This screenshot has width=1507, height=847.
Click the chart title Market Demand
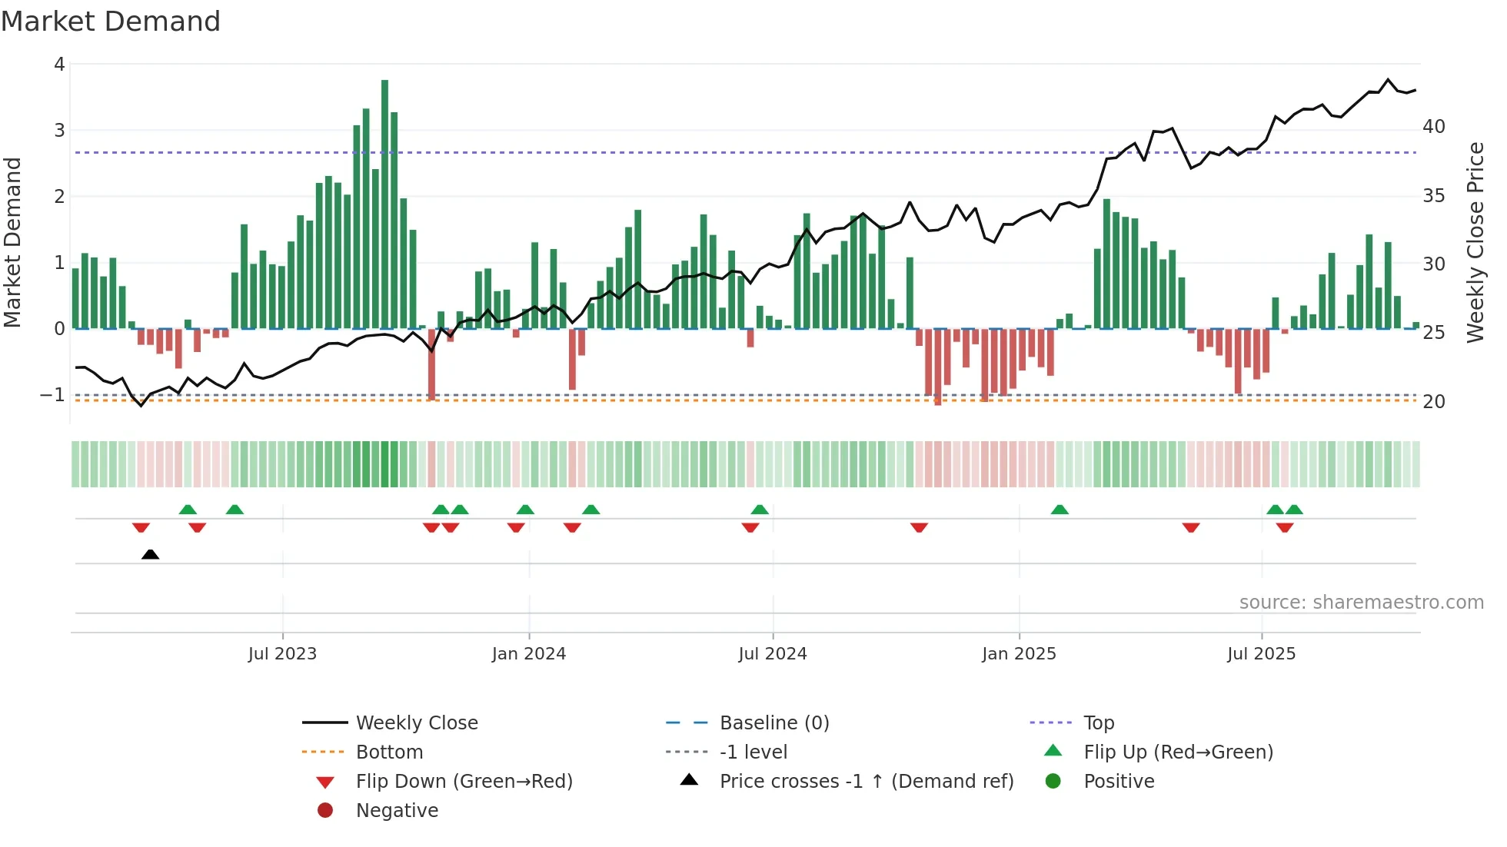pyautogui.click(x=111, y=22)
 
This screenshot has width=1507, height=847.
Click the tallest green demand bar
pyautogui.click(x=384, y=204)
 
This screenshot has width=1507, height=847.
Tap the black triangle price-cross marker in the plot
pyautogui.click(x=151, y=554)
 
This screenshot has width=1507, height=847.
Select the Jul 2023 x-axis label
pyautogui.click(x=282, y=654)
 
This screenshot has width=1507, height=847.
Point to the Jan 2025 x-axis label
pyautogui.click(x=1019, y=654)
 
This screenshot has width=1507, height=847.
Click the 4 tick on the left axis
pyautogui.click(x=59, y=65)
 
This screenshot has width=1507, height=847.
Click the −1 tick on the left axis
pyautogui.click(x=53, y=395)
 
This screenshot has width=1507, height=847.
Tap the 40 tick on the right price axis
pyautogui.click(x=1433, y=127)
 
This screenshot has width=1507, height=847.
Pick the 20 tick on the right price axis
pyautogui.click(x=1433, y=402)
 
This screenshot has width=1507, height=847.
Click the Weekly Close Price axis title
pyautogui.click(x=1475, y=242)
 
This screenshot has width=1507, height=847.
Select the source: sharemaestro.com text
pyautogui.click(x=1361, y=603)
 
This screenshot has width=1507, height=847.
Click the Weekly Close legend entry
pyautogui.click(x=417, y=723)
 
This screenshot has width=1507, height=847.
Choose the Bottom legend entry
pyautogui.click(x=389, y=752)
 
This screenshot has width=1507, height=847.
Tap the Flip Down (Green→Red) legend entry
pyautogui.click(x=464, y=782)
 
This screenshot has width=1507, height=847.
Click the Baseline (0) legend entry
pyautogui.click(x=774, y=723)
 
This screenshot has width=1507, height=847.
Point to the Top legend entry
pyautogui.click(x=1099, y=723)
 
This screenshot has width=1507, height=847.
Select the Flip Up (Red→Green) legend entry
pyautogui.click(x=1178, y=752)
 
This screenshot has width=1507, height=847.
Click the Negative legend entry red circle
pyautogui.click(x=325, y=811)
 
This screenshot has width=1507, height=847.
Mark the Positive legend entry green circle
pyautogui.click(x=1053, y=782)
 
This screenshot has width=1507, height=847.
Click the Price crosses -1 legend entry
pyautogui.click(x=867, y=782)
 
